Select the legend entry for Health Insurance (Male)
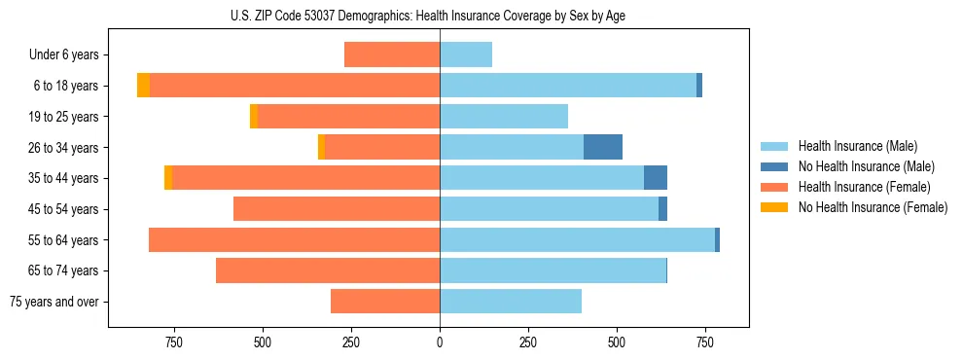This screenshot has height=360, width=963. [x=857, y=146]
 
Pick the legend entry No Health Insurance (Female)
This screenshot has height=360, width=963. [x=873, y=207]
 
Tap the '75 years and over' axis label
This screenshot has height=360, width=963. [x=54, y=302]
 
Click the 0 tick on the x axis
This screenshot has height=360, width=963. [x=440, y=342]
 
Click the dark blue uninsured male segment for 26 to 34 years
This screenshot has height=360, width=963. [x=603, y=147]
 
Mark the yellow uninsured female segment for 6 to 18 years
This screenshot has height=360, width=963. [x=143, y=86]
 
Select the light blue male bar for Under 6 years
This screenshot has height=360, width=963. [x=466, y=54]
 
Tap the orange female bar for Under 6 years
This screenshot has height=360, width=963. [x=392, y=54]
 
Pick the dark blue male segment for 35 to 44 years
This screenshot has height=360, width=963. [x=656, y=178]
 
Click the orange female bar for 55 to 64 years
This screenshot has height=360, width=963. [x=294, y=239]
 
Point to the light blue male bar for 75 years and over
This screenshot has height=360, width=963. [x=511, y=302]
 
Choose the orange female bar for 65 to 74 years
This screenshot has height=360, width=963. [x=328, y=270]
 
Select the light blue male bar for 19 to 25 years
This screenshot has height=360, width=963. [x=504, y=117]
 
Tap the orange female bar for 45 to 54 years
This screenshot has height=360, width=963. [x=337, y=209]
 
